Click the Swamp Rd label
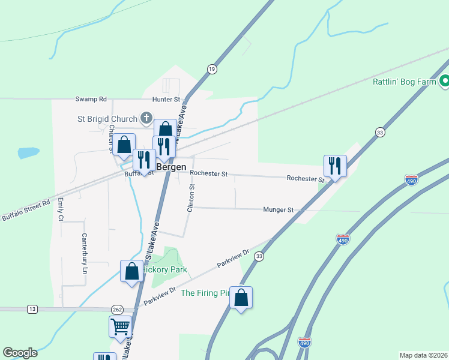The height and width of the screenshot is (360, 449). tap(91, 99)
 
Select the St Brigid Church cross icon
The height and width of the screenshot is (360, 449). tap(146, 117)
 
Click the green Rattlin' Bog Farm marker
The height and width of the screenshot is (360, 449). tap(445, 81)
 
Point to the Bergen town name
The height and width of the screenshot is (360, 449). tap(172, 167)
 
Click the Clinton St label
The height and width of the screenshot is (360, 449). tap(191, 199)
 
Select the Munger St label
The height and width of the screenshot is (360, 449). tap(278, 210)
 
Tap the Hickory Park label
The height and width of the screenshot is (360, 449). tap(165, 270)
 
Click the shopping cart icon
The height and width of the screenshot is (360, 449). tap(120, 327)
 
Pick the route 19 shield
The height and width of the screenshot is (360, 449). tap(212, 70)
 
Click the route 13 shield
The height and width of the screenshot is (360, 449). tap(32, 309)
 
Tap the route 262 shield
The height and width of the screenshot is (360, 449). tap(117, 309)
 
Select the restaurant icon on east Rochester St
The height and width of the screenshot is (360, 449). tap(335, 165)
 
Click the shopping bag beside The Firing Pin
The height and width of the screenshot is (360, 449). tap(241, 297)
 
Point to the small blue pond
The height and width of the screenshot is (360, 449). tap(28, 152)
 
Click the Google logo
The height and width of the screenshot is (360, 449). tap(20, 353)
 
